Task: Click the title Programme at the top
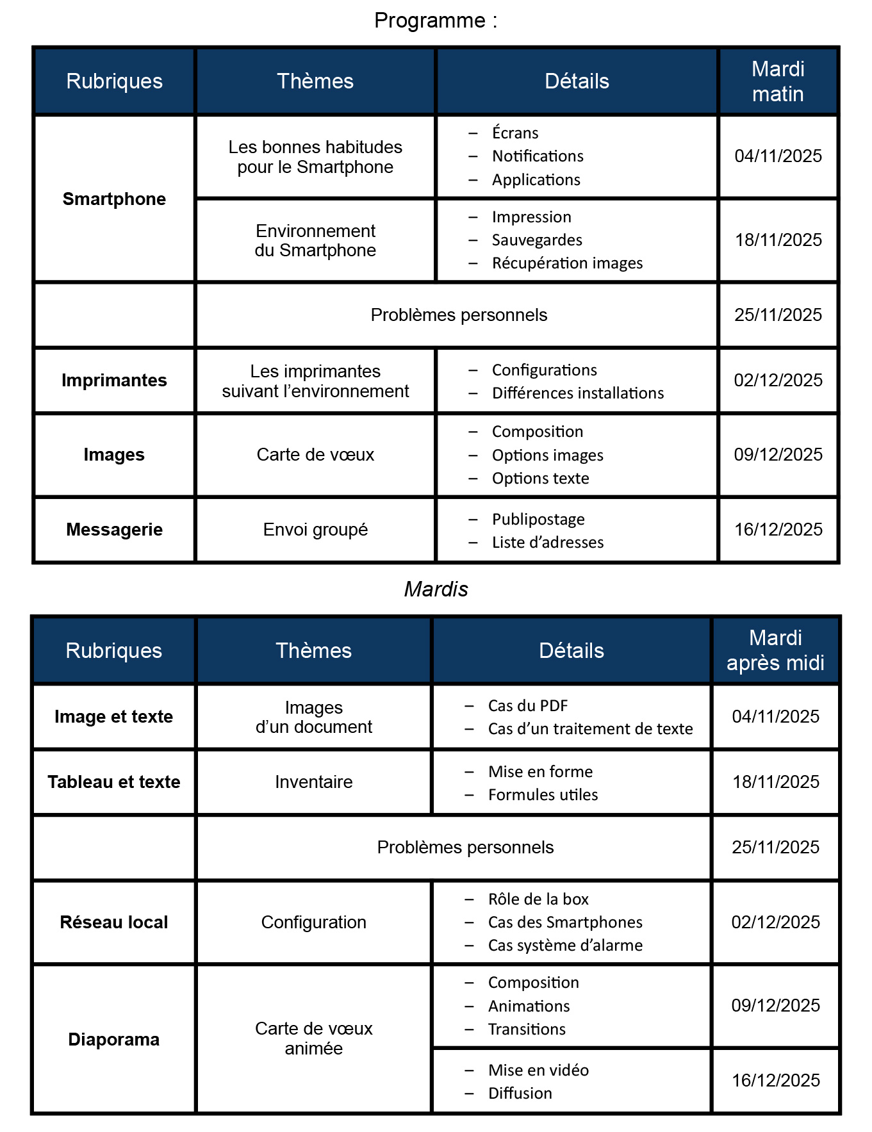tap(435, 21)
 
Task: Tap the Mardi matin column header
tap(778, 81)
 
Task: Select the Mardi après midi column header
tap(775, 650)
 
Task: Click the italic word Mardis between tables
tap(436, 589)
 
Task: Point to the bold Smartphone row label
tap(114, 199)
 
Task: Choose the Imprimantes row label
tap(114, 381)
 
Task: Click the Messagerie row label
tap(114, 530)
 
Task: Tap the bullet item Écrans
tap(515, 133)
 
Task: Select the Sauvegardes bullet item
tap(537, 240)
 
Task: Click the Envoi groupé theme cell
tap(315, 530)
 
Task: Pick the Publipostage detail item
tap(538, 519)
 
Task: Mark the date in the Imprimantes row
tap(778, 381)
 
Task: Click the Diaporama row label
tap(114, 1039)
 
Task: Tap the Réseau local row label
tap(114, 923)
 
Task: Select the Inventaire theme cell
tap(314, 782)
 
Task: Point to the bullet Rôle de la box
tap(538, 899)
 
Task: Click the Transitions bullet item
tap(527, 1029)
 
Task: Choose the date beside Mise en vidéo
tap(776, 1081)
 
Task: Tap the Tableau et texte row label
tap(114, 782)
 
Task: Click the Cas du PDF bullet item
tap(528, 706)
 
